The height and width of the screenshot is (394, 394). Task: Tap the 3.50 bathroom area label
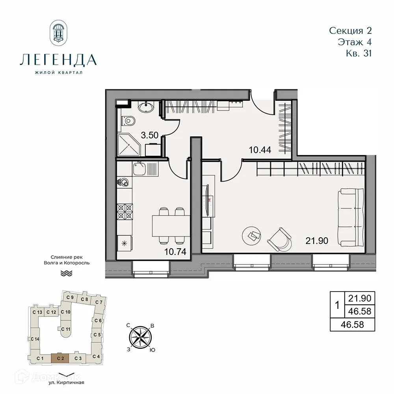(x=150, y=135)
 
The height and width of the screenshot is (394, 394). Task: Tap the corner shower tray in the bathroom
(x=128, y=145)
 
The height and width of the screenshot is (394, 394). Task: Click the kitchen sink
(x=139, y=170)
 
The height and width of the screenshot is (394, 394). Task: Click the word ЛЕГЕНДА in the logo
(x=58, y=60)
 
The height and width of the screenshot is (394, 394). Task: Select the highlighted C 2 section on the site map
(x=60, y=358)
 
